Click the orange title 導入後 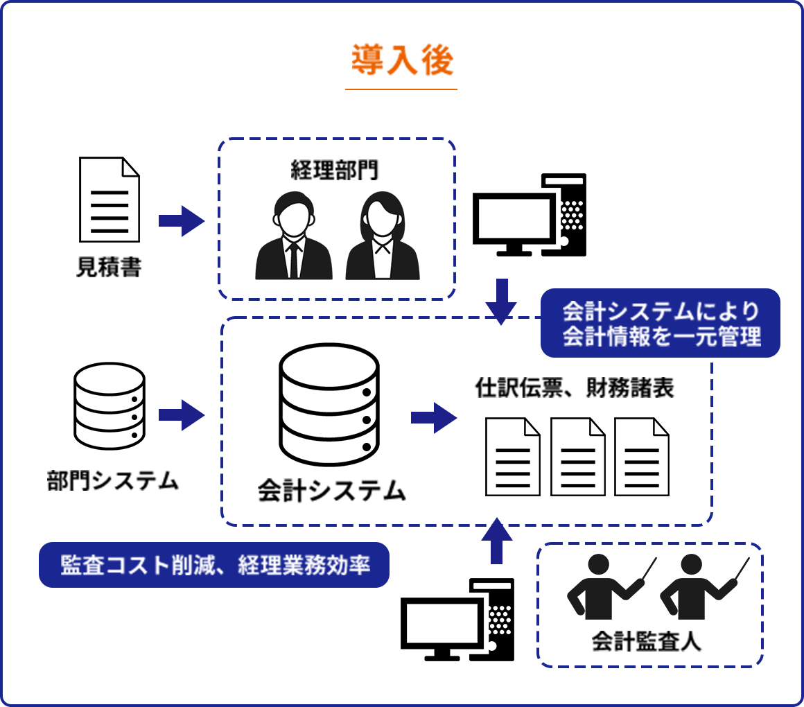[x=401, y=61]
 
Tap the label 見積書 [x=109, y=268]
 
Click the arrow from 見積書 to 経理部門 [x=181, y=220]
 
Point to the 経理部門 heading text [x=335, y=170]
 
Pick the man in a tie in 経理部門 [x=294, y=236]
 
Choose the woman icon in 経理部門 [x=383, y=236]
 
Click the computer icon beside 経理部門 [x=530, y=215]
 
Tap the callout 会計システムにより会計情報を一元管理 [x=660, y=323]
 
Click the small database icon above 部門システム [x=110, y=406]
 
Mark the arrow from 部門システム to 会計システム [x=181, y=415]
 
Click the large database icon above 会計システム [x=329, y=405]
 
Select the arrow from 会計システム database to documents [x=433, y=417]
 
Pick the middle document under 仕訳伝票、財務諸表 [x=577, y=457]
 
